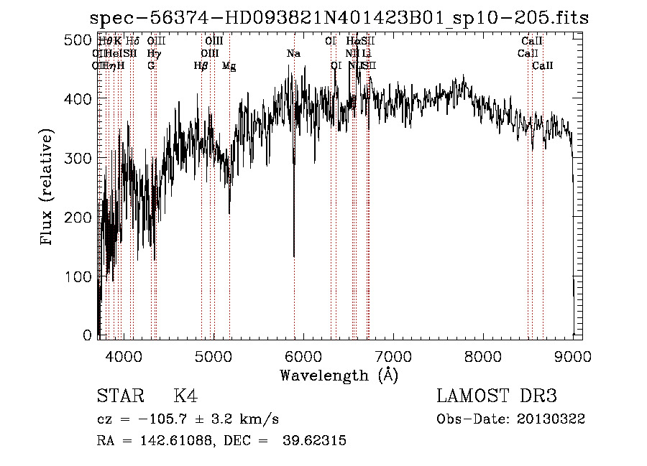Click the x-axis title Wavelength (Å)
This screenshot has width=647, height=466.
coord(339,375)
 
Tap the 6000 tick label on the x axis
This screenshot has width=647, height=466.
coord(303,355)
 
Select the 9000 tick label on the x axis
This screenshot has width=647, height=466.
coord(572,355)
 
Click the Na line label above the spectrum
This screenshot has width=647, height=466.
coord(293,54)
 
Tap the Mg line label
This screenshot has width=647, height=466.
coord(229,66)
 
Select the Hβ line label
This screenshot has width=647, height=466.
coord(201,66)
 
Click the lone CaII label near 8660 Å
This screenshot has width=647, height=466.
coord(542,66)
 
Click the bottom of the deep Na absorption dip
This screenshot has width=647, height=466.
coord(293,256)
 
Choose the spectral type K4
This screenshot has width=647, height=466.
coord(185,396)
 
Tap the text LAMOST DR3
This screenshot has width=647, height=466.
coord(497,396)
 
